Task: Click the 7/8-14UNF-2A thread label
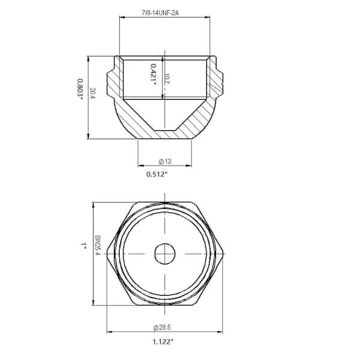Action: click(x=160, y=13)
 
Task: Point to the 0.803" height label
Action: click(x=80, y=89)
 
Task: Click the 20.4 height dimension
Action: click(x=92, y=93)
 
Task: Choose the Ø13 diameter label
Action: click(x=165, y=161)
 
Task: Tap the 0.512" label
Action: click(x=157, y=174)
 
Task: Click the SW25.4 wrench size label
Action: click(x=97, y=245)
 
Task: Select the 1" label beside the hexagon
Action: click(x=83, y=246)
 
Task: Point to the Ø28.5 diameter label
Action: click(x=162, y=327)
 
